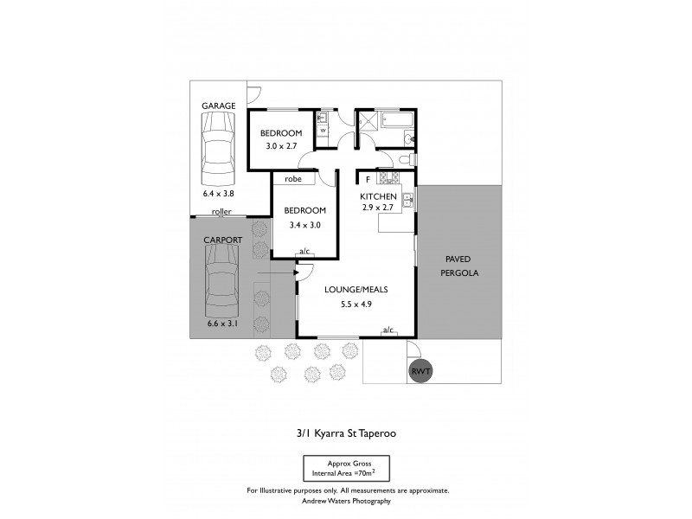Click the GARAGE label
[x=219, y=106]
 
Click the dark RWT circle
[x=420, y=371]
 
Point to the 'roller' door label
[x=222, y=211]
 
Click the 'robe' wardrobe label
[x=293, y=179]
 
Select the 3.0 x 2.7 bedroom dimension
[x=282, y=147]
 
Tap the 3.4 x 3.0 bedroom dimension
[x=305, y=225]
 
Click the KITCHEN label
[x=378, y=196]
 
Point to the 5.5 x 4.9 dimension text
[x=355, y=304]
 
